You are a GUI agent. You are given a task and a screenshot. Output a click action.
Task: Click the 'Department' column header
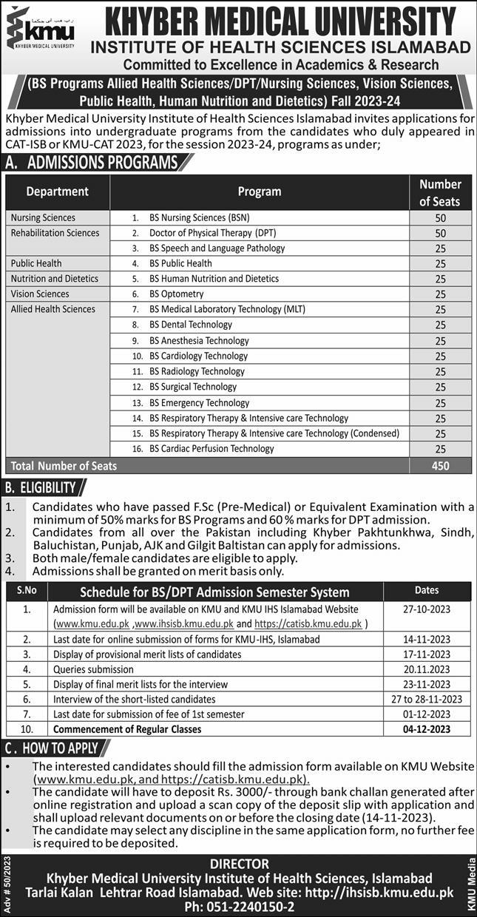click(x=57, y=192)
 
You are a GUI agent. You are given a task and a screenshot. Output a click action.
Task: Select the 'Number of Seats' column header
click(x=440, y=192)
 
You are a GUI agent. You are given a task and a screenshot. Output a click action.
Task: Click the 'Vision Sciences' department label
click(x=40, y=294)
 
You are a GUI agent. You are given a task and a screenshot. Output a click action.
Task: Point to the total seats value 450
click(x=440, y=466)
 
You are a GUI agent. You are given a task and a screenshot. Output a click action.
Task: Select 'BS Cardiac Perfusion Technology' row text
click(x=212, y=448)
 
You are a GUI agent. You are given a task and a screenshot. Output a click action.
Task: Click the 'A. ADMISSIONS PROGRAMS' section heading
click(x=92, y=163)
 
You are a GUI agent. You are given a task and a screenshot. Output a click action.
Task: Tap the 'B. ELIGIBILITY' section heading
click(x=41, y=487)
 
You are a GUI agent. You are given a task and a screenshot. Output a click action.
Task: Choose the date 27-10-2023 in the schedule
click(x=427, y=609)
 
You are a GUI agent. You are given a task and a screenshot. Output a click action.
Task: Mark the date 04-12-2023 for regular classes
click(x=427, y=729)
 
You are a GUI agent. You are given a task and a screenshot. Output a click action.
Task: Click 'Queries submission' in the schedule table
click(x=94, y=669)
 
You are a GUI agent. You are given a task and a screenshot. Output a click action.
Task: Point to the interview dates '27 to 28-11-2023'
click(x=427, y=699)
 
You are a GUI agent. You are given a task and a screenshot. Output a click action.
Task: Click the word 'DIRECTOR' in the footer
click(x=239, y=864)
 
